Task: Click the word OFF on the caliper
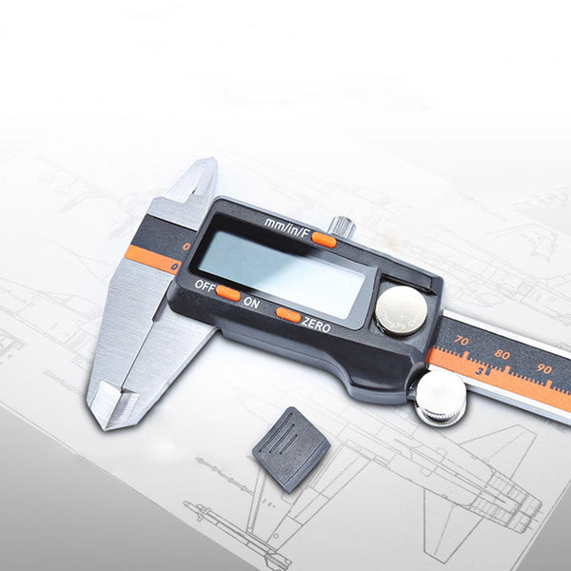tap(203, 285)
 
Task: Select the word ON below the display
tap(251, 302)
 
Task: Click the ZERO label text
tap(316, 325)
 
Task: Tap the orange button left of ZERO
tap(288, 315)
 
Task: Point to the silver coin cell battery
tap(401, 309)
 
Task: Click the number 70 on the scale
tap(462, 339)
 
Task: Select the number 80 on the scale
tap(502, 354)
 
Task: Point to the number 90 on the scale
tap(543, 368)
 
